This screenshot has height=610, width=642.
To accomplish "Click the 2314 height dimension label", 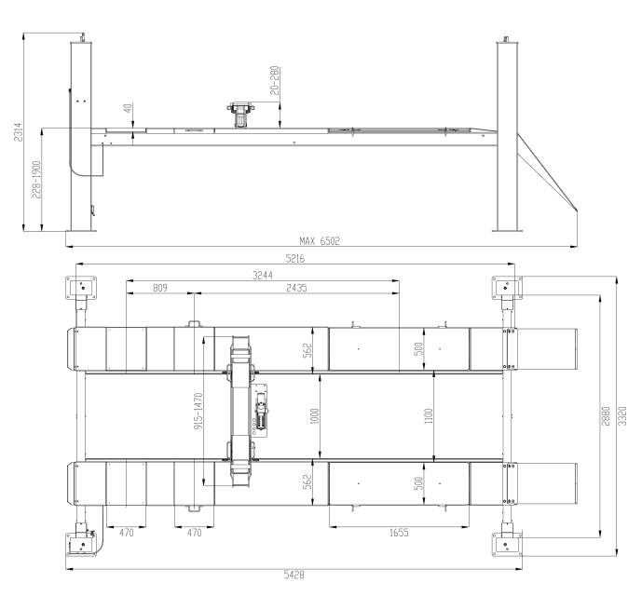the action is (x=19, y=132).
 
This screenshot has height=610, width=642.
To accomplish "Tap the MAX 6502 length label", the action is (x=320, y=241).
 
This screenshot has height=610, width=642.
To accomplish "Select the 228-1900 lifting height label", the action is (x=36, y=180).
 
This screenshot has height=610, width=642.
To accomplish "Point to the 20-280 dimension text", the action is (x=275, y=81).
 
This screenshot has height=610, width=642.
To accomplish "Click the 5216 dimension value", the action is (x=295, y=259).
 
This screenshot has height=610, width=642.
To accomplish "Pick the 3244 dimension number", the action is (x=263, y=276).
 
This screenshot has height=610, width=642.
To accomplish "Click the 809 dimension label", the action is (x=160, y=288).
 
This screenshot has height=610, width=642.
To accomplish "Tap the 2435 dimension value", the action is (x=296, y=288).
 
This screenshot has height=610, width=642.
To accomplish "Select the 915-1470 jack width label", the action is (x=198, y=411).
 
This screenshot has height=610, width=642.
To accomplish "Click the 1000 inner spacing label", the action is (x=315, y=416).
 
